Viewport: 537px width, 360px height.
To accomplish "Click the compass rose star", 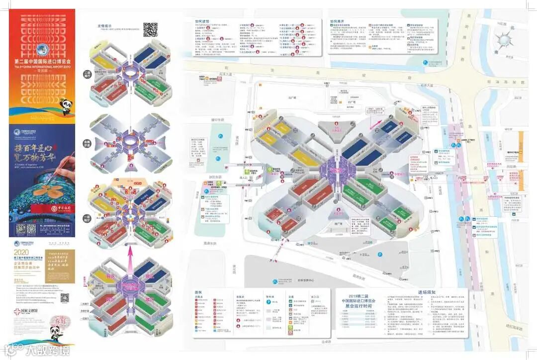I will tap(505, 38).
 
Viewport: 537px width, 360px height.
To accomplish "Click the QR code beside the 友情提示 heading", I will tap(150, 30).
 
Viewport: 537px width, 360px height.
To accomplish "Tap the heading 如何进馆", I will tap(202, 22).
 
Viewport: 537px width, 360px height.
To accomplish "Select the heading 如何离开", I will tap(337, 22).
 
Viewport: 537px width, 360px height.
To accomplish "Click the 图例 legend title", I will tap(198, 292).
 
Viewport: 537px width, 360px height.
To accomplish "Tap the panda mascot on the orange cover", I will tap(67, 105).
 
